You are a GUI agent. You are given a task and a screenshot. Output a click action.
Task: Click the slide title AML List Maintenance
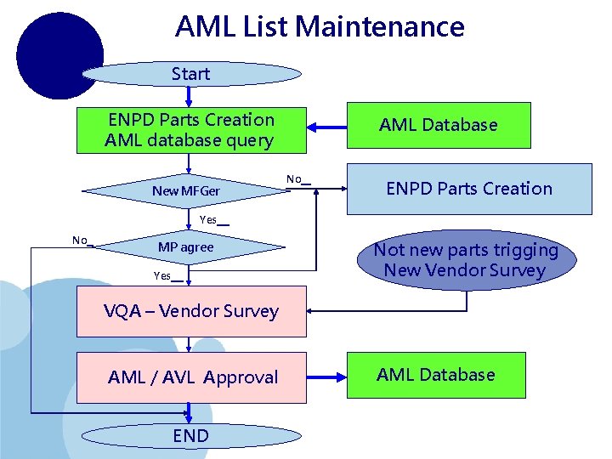pyautogui.click(x=320, y=27)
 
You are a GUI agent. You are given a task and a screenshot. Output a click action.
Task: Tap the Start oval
pyautogui.click(x=190, y=74)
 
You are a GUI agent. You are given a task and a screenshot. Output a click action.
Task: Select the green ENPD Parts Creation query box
pyautogui.click(x=190, y=130)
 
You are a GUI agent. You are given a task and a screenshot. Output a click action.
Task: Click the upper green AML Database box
pyautogui.click(x=439, y=125)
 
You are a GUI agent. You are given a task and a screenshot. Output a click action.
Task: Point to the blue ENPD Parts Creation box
pyautogui.click(x=469, y=189)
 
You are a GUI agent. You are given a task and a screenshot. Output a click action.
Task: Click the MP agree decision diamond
pyautogui.click(x=186, y=247)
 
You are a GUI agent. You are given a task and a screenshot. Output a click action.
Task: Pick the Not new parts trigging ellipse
pyautogui.click(x=466, y=260)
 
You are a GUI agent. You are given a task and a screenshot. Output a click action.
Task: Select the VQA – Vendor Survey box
pyautogui.click(x=190, y=311)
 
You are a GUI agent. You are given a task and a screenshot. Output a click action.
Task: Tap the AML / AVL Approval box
pyautogui.click(x=192, y=377)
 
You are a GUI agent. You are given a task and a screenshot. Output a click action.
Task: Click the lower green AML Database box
pyautogui.click(x=437, y=375)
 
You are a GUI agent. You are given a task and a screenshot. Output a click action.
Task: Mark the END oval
pyautogui.click(x=190, y=436)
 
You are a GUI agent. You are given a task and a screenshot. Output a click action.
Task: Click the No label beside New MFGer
pyautogui.click(x=295, y=179)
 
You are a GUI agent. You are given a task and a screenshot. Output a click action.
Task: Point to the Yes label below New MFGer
pyautogui.click(x=209, y=220)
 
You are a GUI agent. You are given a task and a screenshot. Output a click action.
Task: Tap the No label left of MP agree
pyautogui.click(x=81, y=241)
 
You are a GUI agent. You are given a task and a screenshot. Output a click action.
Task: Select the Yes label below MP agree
pyautogui.click(x=163, y=275)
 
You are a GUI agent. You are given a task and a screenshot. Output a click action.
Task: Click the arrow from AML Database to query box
pyautogui.click(x=327, y=127)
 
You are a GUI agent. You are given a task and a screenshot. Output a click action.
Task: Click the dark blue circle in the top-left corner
pyautogui.click(x=59, y=55)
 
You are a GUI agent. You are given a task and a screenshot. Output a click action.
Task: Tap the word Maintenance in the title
pyautogui.click(x=380, y=27)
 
